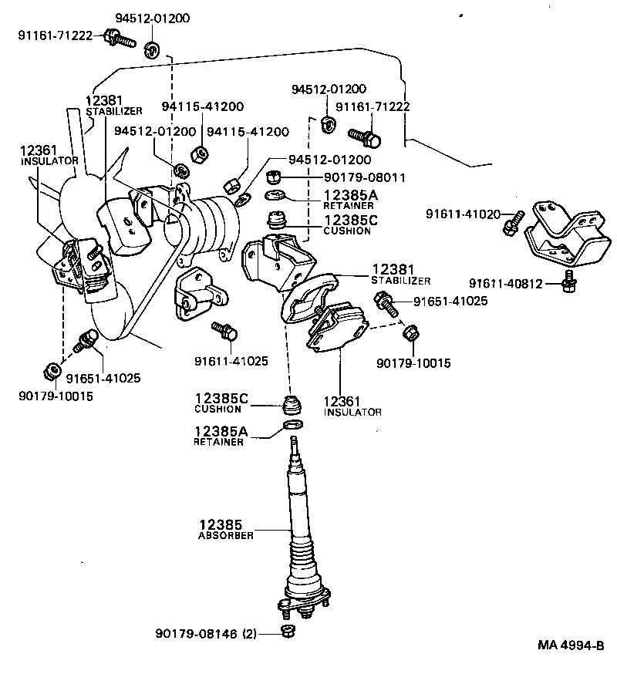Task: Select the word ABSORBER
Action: [225, 535]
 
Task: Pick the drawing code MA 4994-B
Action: [570, 645]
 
